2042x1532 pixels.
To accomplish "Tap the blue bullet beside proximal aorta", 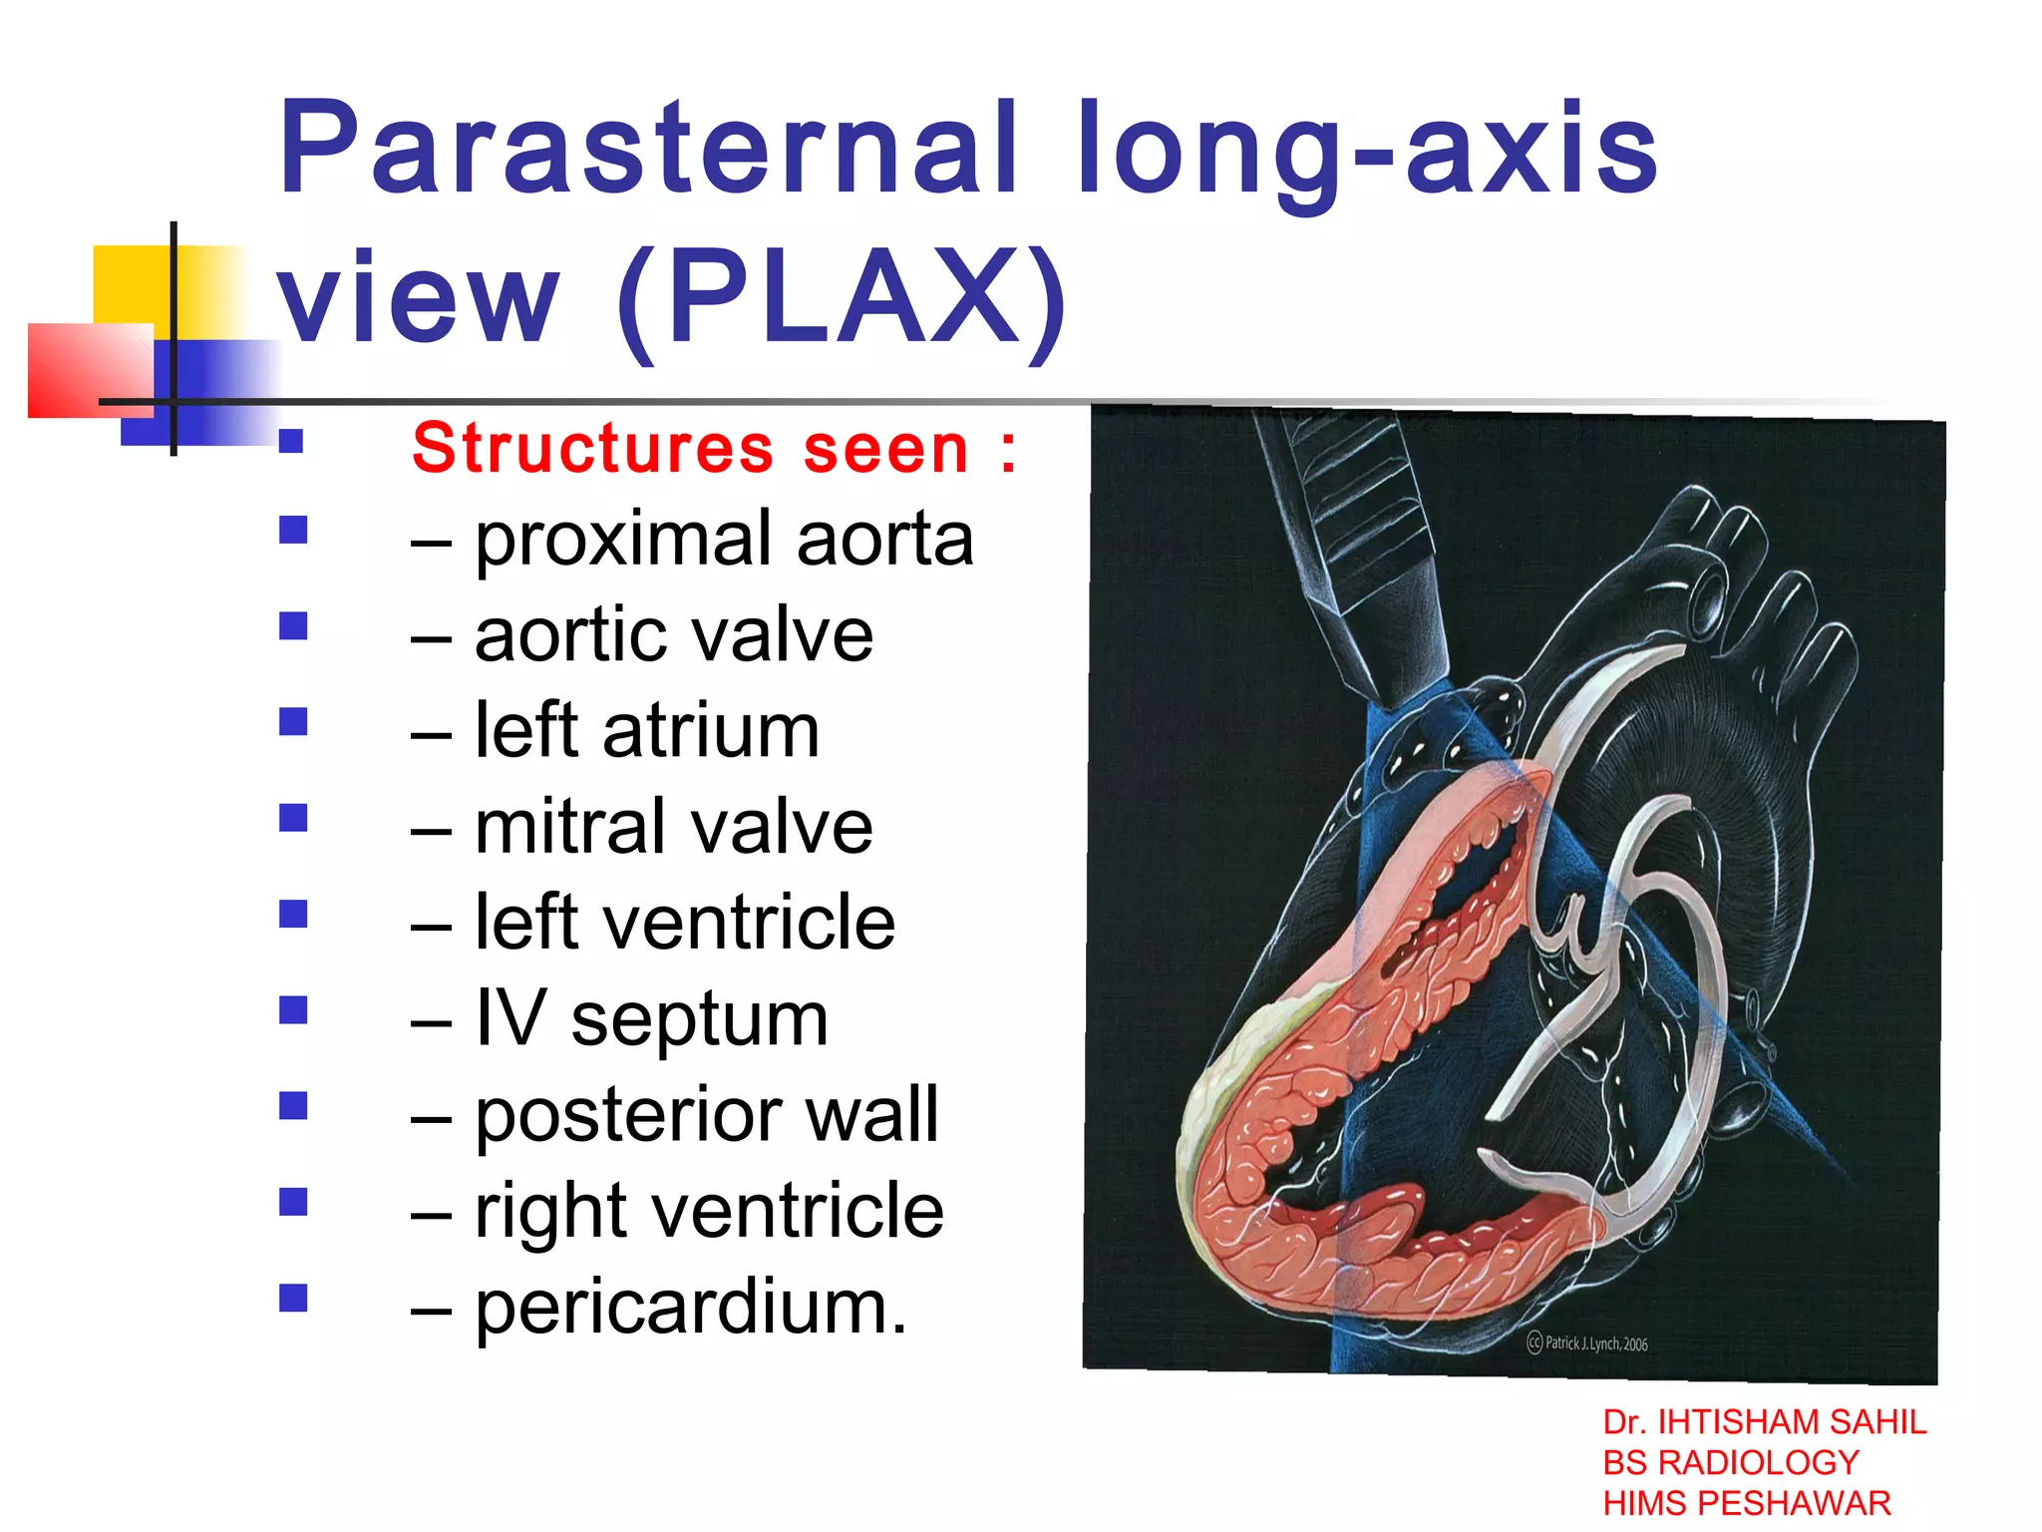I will (293, 530).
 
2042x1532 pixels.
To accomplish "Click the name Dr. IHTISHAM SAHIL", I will (1764, 1422).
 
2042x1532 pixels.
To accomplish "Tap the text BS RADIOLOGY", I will (1730, 1463).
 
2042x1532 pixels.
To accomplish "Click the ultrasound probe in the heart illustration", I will (1346, 539).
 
